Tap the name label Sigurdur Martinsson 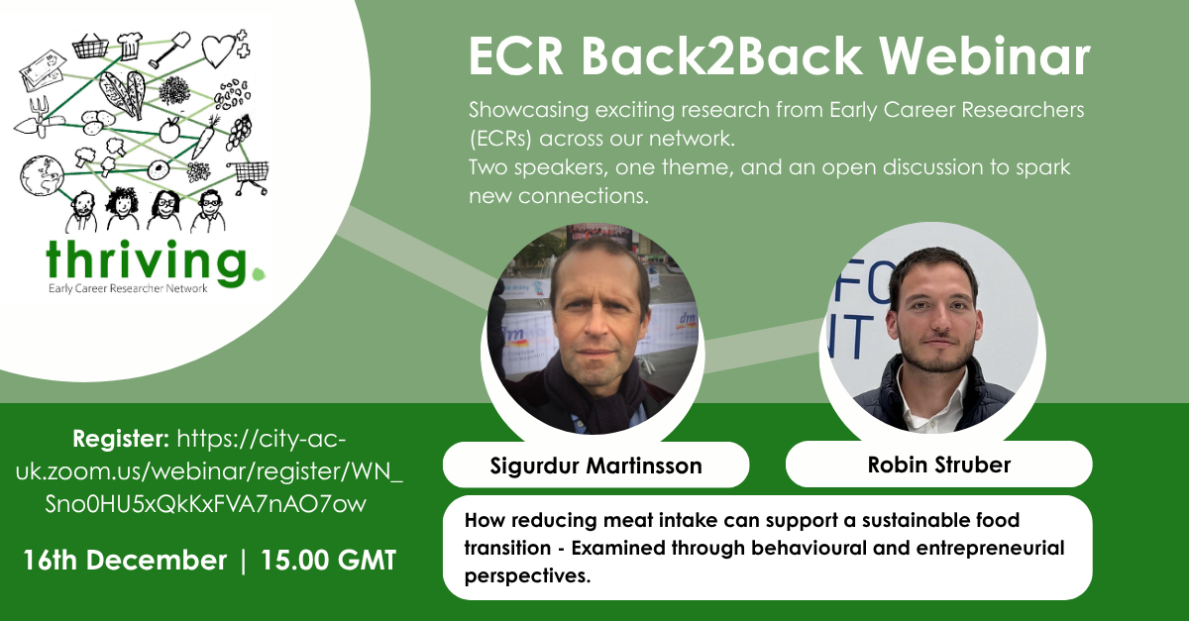[595, 466]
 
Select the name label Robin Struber [938, 465]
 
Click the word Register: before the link [122, 438]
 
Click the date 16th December [125, 560]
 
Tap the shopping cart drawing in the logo [249, 175]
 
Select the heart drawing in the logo [218, 47]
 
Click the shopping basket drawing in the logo [90, 45]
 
